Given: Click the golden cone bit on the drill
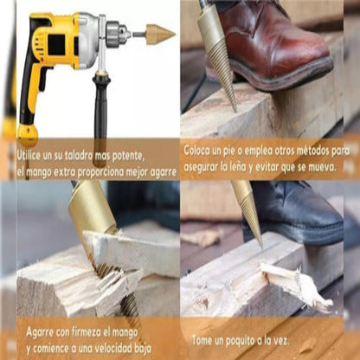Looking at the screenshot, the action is [x=161, y=35].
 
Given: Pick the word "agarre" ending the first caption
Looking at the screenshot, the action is [x=164, y=172].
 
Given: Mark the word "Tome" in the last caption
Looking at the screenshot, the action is [x=202, y=340].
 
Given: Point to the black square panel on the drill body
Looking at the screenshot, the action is [x=56, y=45].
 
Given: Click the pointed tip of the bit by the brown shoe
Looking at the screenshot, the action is [x=235, y=111].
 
